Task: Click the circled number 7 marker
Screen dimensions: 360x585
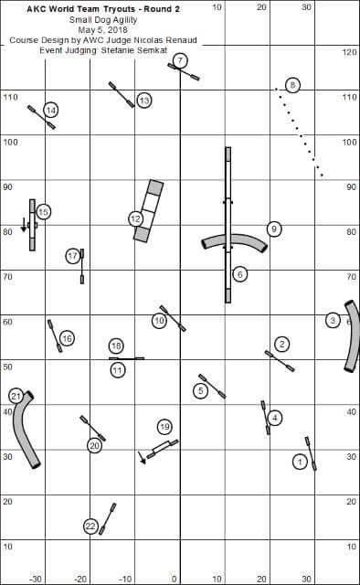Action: pyautogui.click(x=180, y=60)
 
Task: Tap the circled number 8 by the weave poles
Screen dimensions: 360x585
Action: pyautogui.click(x=292, y=85)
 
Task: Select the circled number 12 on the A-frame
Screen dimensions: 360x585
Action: pyautogui.click(x=135, y=219)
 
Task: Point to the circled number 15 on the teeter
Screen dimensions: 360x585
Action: pyautogui.click(x=43, y=212)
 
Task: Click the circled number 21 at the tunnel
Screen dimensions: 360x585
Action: pyautogui.click(x=16, y=396)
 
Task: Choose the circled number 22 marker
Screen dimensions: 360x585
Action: pyautogui.click(x=90, y=526)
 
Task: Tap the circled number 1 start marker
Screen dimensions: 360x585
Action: pyautogui.click(x=300, y=463)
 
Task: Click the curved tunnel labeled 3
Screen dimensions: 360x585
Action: pyautogui.click(x=352, y=335)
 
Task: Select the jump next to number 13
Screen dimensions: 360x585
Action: pyautogui.click(x=122, y=95)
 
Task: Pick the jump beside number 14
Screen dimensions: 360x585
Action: pyautogui.click(x=41, y=117)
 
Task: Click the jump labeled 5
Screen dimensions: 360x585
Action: pyautogui.click(x=212, y=386)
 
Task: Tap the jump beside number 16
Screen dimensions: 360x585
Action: pyautogui.click(x=55, y=335)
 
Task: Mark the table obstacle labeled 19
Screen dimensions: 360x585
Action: pyautogui.click(x=163, y=449)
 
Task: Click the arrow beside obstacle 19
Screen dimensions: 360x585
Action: pyautogui.click(x=142, y=457)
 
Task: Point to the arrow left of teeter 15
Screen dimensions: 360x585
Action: pyautogui.click(x=24, y=225)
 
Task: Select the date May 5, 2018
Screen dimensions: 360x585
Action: pyautogui.click(x=103, y=30)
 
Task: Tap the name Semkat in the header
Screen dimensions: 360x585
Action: pyautogui.click(x=153, y=50)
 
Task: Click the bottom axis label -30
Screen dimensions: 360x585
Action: pyautogui.click(x=36, y=579)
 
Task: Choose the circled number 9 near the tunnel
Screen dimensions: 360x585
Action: pyautogui.click(x=274, y=229)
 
